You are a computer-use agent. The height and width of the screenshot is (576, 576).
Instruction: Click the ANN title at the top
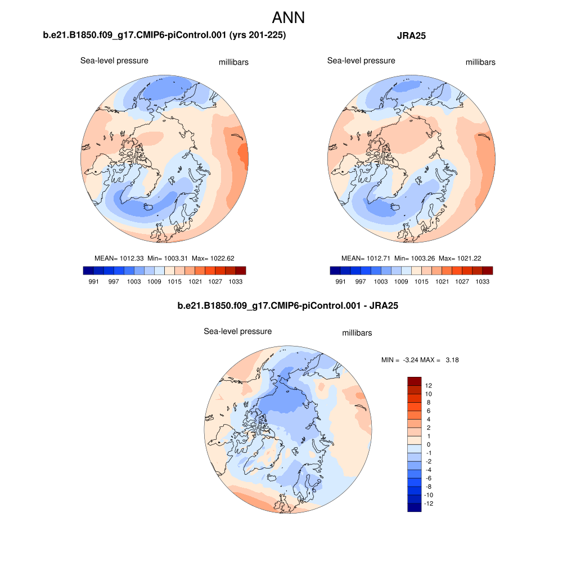click(288, 17)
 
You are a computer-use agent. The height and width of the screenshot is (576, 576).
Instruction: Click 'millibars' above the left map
click(233, 62)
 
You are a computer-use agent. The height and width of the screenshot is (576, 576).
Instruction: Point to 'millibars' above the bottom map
click(357, 333)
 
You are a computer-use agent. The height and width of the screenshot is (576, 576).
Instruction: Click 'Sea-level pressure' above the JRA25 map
click(361, 61)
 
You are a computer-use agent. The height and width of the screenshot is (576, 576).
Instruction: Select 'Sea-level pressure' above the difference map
click(237, 331)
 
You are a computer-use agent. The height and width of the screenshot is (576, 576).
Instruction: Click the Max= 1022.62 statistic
click(213, 258)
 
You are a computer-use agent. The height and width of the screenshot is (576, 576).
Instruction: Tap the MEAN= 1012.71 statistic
click(366, 258)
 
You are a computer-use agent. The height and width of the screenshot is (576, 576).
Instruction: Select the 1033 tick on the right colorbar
click(483, 281)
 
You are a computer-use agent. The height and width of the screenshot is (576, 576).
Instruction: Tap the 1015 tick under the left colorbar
click(174, 281)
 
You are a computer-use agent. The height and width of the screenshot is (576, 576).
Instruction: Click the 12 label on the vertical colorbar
click(429, 386)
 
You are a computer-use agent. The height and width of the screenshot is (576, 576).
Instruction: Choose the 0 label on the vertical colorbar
click(429, 444)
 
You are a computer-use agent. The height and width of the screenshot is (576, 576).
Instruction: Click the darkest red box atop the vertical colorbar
click(414, 381)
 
